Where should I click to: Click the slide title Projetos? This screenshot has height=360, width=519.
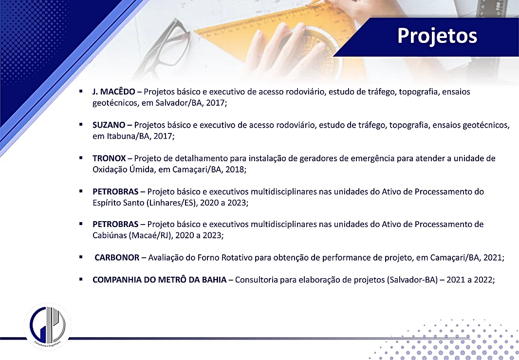[437, 36]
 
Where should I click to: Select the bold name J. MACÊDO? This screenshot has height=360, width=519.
[114, 92]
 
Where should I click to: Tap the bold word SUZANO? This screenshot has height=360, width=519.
[109, 125]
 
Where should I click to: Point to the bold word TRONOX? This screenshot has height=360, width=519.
[109, 158]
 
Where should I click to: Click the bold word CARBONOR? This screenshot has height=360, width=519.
[117, 258]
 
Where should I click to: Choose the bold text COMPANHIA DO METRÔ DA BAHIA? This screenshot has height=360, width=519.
[160, 280]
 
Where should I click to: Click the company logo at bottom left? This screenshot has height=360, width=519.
[48, 326]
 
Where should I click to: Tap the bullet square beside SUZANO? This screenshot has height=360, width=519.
[81, 125]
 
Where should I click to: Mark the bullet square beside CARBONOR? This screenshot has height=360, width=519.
[81, 257]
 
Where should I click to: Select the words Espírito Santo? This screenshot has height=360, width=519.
[118, 203]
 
